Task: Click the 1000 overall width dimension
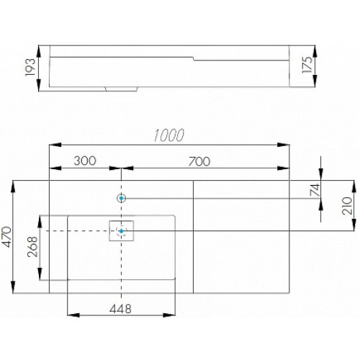click(168, 135)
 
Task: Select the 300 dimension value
click(85, 161)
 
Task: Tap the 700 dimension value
click(199, 161)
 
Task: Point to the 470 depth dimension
click(6, 237)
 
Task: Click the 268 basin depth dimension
click(32, 247)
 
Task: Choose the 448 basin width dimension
click(120, 309)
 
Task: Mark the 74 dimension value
click(315, 190)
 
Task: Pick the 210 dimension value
click(347, 206)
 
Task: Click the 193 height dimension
click(30, 67)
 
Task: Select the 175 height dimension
click(307, 65)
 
